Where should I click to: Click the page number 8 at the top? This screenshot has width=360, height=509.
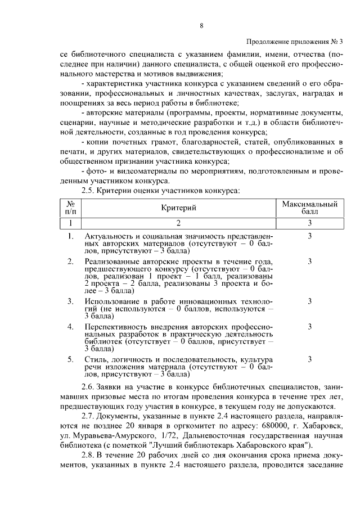pyautogui.click(x=201, y=25)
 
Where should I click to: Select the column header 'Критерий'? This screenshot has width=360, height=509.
pyautogui.click(x=178, y=208)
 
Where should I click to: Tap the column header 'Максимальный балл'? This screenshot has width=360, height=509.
pyautogui.click(x=309, y=208)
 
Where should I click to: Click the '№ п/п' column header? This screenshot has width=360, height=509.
pyautogui.click(x=70, y=208)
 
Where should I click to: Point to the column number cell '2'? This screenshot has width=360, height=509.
pyautogui.click(x=178, y=223)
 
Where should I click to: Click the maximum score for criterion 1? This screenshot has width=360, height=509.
pyautogui.click(x=309, y=237)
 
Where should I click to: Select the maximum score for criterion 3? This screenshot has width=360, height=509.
pyautogui.click(x=309, y=301)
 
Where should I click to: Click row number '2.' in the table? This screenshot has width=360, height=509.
pyautogui.click(x=70, y=262)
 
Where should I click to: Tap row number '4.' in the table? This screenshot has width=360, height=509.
pyautogui.click(x=70, y=326)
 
